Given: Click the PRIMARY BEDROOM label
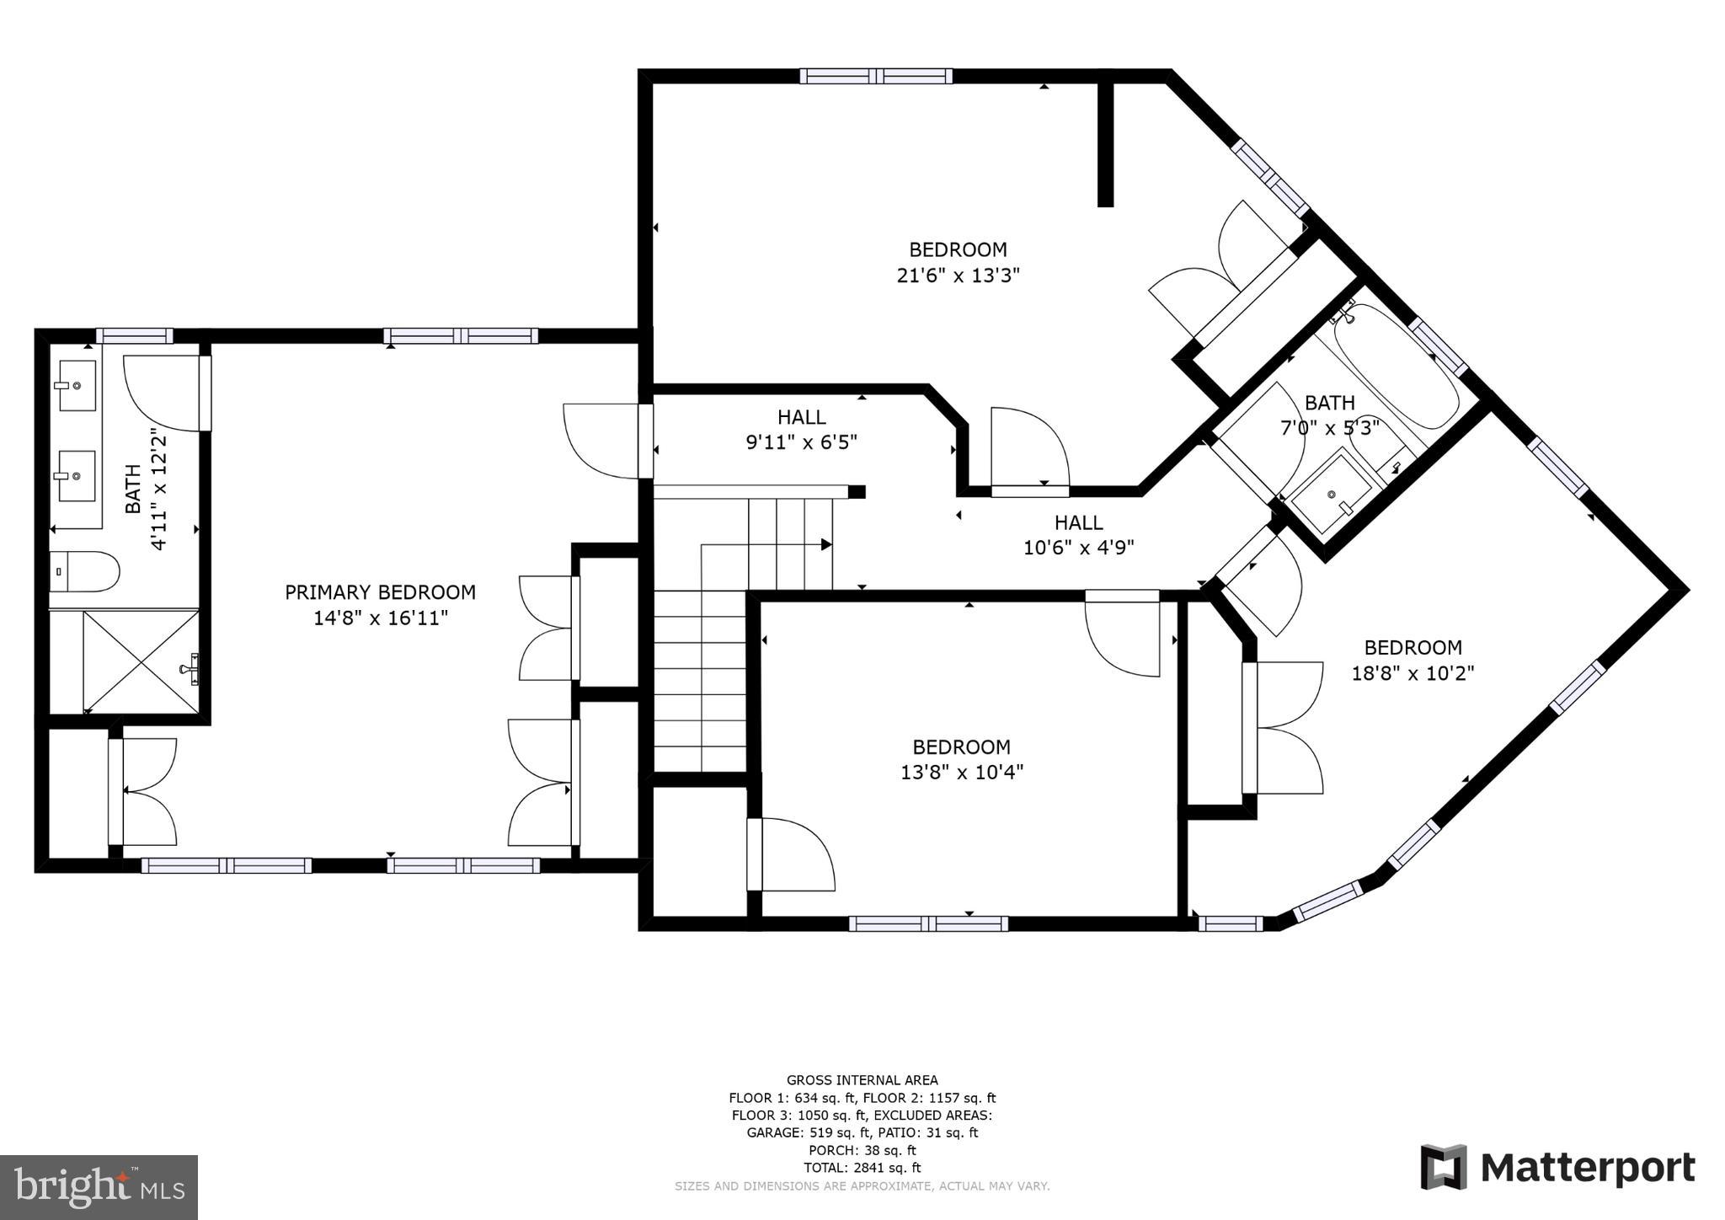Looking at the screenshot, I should coord(380,592).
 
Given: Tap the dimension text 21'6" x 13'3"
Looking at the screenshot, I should coord(958,276).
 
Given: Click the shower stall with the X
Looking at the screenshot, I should coord(140,661).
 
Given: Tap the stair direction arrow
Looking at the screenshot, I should coord(825,545).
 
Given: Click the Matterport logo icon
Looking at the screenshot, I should coord(1444,1167).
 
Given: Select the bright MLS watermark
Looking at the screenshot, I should coord(99,1187).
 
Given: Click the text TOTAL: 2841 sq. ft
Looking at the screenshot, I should coord(862,1168).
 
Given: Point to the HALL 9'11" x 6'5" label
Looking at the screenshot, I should coord(801,430).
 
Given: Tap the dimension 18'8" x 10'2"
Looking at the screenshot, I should coord(1413,674).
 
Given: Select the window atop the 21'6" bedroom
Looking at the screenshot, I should coord(876,76).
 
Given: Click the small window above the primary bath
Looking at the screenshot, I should coord(134,335).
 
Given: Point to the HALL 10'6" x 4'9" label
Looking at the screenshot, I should coord(1078,535).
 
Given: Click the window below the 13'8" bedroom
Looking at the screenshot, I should coord(927,923).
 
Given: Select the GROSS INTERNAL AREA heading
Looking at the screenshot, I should coord(862,1080).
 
